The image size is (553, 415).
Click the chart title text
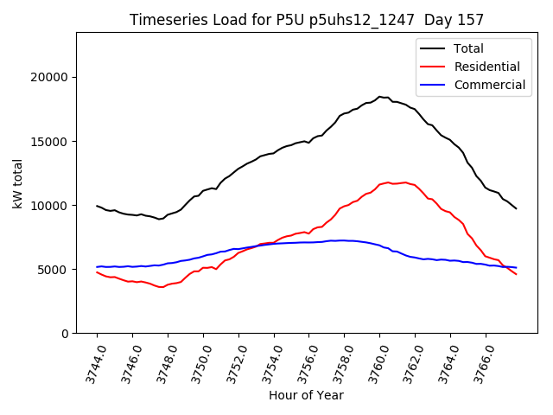coord(307,20)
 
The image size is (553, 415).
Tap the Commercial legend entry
coord(489,85)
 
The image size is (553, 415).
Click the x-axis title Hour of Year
coord(306,395)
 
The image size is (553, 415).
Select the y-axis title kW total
coord(17,183)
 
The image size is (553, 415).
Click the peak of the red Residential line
coord(404,182)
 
